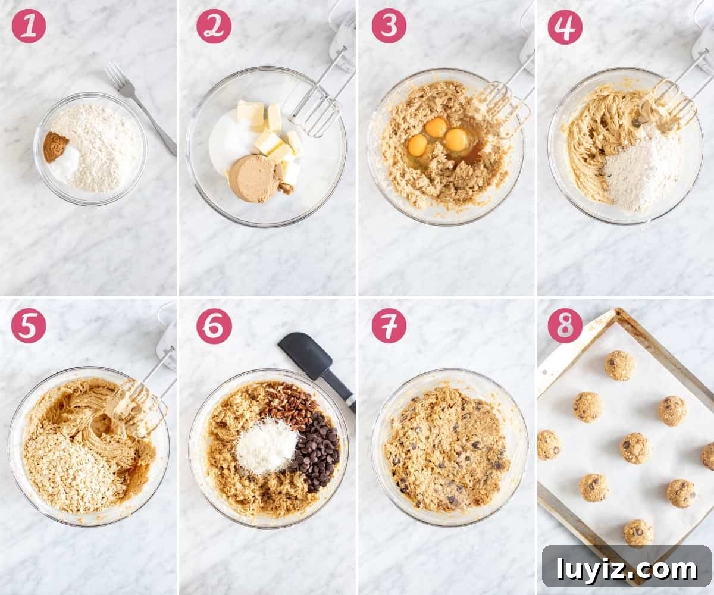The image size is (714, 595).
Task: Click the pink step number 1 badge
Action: (29, 26)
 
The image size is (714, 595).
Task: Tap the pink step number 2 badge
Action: (214, 26)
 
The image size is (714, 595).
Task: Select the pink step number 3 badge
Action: (389, 26)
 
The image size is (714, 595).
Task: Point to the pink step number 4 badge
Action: (565, 27)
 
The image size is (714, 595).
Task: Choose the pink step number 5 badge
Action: (29, 325)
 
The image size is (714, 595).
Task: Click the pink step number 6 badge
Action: (214, 326)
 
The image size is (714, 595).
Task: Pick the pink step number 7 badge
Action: (389, 325)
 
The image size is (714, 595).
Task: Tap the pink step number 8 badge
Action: (565, 325)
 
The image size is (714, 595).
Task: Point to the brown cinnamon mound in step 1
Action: (55, 146)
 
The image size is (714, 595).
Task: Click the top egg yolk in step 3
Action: (436, 127)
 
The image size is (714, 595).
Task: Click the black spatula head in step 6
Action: (305, 355)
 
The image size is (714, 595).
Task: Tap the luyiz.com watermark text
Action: (626, 569)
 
